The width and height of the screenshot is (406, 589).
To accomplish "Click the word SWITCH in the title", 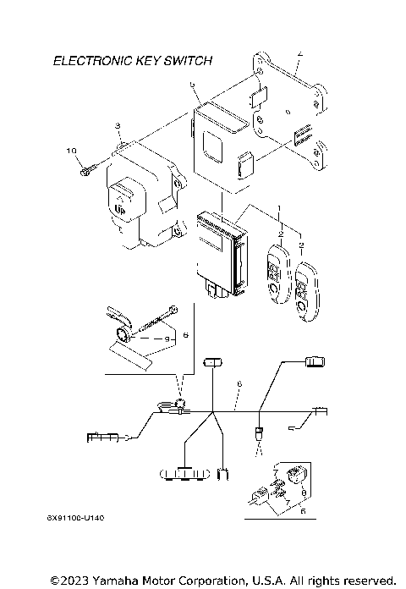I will tap(186, 61).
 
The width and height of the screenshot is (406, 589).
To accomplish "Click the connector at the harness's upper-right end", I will tap(315, 361).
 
